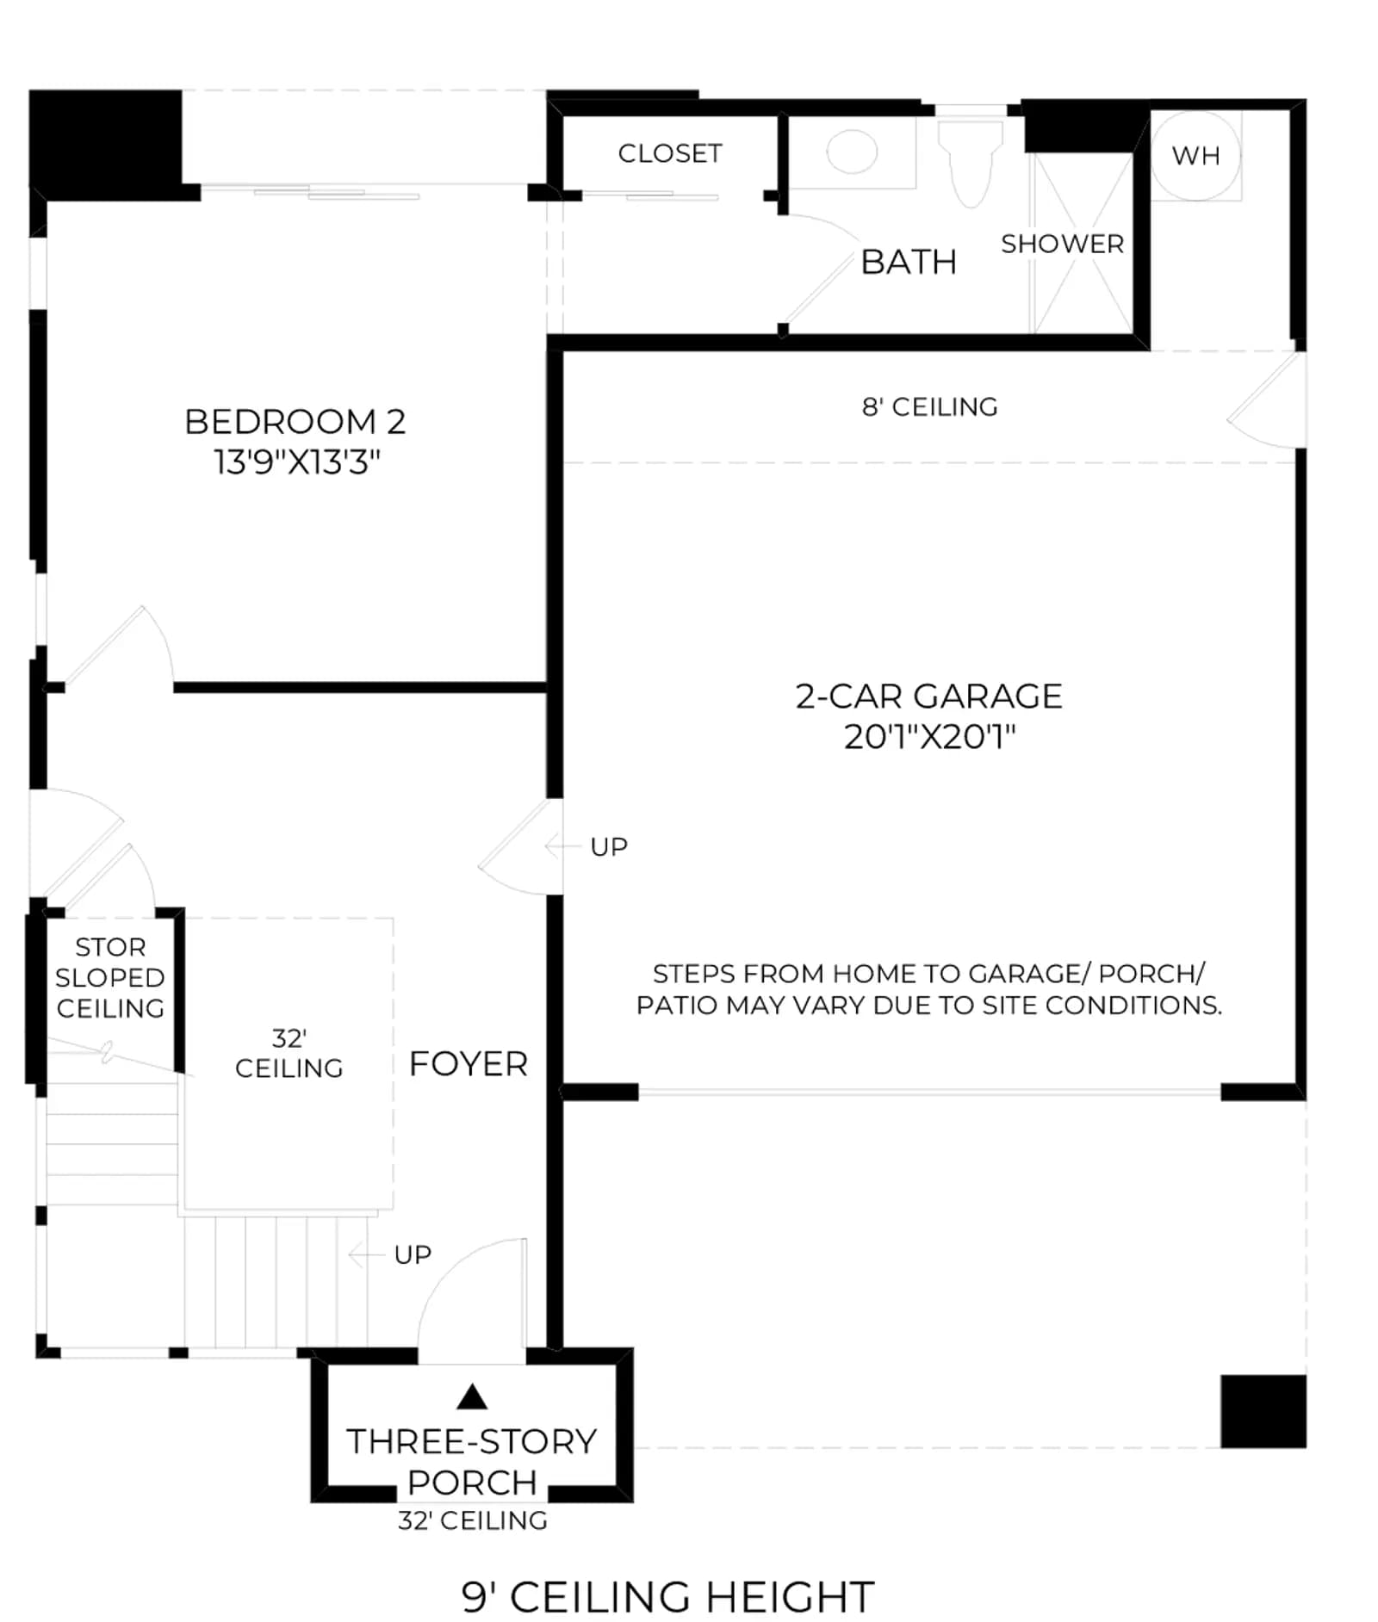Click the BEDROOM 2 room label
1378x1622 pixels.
295,421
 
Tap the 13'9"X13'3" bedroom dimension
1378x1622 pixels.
297,462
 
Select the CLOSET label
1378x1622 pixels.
670,153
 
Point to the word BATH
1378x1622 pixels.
909,262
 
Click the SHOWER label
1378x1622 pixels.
1062,244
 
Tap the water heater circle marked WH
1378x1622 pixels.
1196,155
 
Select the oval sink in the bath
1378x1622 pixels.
852,152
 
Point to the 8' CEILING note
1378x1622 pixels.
930,406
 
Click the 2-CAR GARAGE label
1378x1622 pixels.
928,696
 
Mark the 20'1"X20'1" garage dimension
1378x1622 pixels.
929,737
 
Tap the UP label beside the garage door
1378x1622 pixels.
609,847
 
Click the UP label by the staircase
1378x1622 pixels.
413,1254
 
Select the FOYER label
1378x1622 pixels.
469,1064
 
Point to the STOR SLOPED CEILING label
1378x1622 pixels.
110,977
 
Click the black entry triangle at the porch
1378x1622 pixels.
471,1396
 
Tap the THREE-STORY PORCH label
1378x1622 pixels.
472,1462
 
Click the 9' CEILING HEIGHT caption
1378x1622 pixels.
668,1597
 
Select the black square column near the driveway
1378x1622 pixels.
1263,1411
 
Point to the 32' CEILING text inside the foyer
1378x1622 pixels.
289,1053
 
